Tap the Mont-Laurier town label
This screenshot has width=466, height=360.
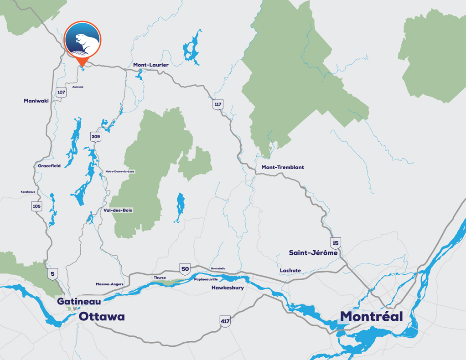(x=150, y=65)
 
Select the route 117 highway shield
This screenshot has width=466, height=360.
(x=218, y=105)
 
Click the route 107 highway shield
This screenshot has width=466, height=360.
(x=61, y=93)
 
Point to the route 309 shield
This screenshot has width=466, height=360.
(x=96, y=136)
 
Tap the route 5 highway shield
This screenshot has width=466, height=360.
(x=52, y=273)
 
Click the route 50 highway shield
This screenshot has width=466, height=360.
(x=185, y=268)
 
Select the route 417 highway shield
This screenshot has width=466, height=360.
(x=225, y=321)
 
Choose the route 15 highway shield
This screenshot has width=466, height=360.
(x=336, y=242)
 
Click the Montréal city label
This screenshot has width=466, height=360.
(x=371, y=316)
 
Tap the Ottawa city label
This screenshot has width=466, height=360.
(x=102, y=317)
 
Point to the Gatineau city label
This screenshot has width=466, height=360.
(x=79, y=301)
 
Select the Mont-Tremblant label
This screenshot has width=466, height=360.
(x=282, y=167)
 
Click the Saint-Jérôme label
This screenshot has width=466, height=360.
(x=313, y=252)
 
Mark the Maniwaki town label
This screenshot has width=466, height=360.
(x=36, y=101)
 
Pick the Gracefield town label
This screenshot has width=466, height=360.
(x=49, y=166)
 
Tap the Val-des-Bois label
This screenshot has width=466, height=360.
(x=118, y=210)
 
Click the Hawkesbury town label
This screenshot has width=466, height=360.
(x=228, y=288)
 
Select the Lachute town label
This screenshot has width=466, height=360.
(x=290, y=271)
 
